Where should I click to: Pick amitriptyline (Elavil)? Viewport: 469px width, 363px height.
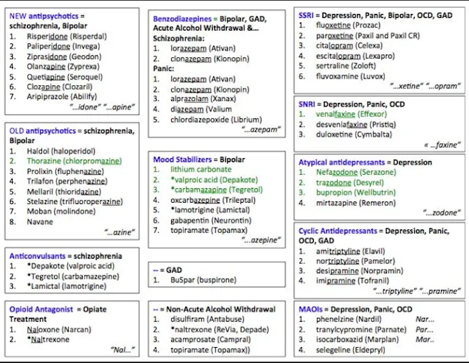click(350, 251)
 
